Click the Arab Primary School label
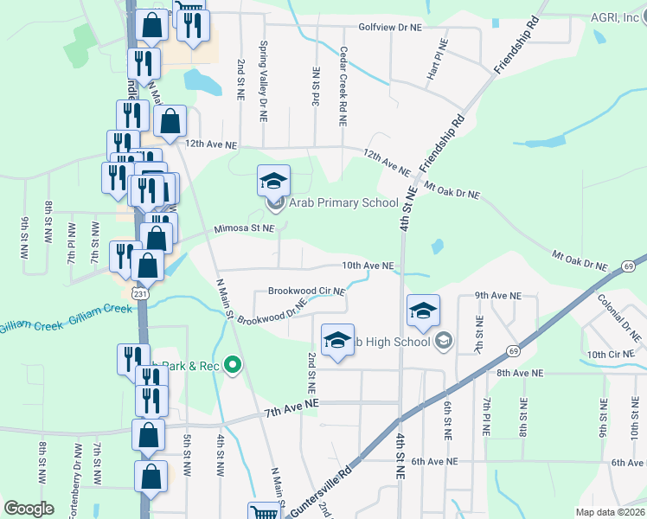tap(343, 203)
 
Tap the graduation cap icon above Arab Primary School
tap(273, 181)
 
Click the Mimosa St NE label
tap(245, 229)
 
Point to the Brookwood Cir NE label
tap(306, 292)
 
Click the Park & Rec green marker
tap(232, 365)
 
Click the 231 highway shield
tap(140, 295)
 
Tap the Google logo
tap(29, 508)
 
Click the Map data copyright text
tap(611, 512)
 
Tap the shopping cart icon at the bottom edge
tap(263, 512)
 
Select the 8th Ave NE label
tap(519, 373)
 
